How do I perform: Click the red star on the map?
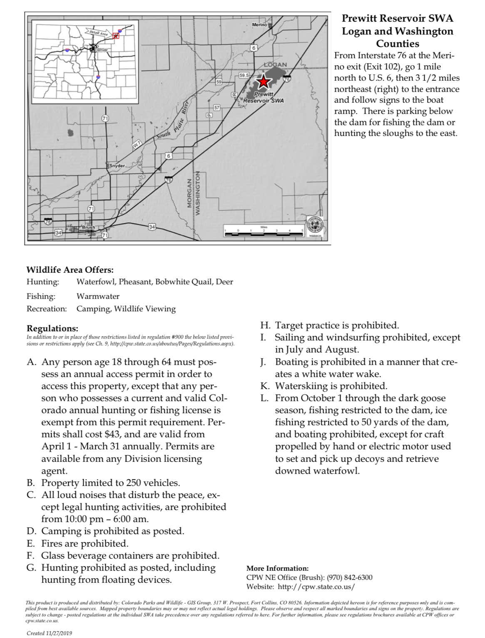pos(263,81)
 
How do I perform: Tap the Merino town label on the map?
pos(260,25)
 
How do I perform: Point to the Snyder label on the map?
pos(117,166)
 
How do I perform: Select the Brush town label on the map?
pos(88,227)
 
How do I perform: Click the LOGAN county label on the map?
pos(275,64)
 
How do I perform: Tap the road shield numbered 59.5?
pos(244,75)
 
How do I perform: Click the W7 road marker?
pos(137,145)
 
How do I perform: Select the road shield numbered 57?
pos(216,108)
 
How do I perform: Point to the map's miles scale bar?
pos(264,233)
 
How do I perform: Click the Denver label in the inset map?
pos(101,50)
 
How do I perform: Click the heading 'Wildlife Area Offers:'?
pos(70,270)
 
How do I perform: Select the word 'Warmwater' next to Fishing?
pos(98,296)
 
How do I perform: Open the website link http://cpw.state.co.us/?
pos(316,587)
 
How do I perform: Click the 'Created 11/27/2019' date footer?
pos(49,633)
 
